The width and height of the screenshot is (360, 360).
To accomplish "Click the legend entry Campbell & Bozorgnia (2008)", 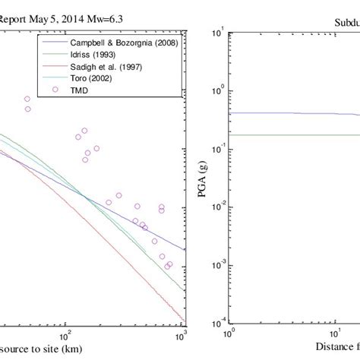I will tap(123, 43).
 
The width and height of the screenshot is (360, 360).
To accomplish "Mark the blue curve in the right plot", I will tap(289, 113).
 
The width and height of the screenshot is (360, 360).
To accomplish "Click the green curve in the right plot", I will tap(289, 135).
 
